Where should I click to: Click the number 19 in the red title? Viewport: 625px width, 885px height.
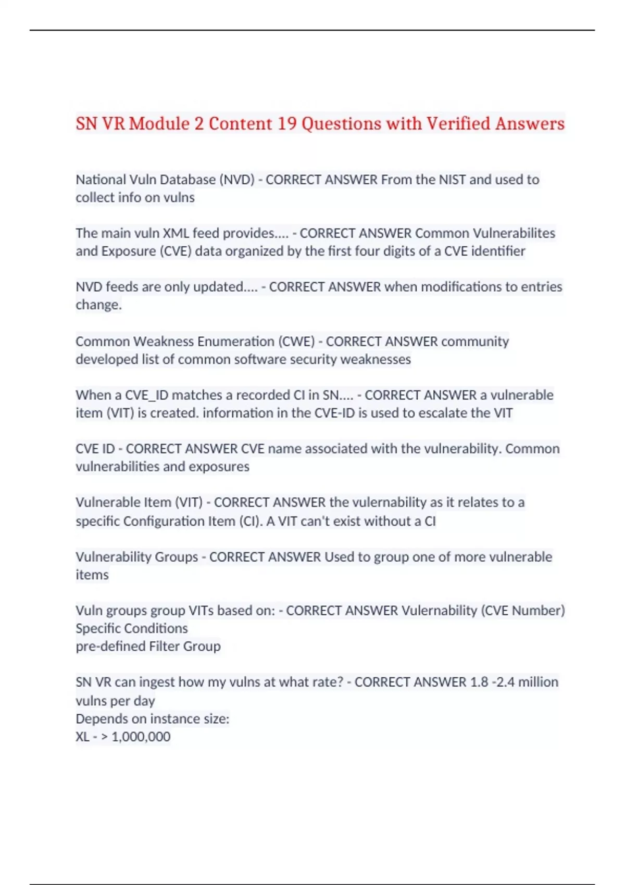click(x=286, y=124)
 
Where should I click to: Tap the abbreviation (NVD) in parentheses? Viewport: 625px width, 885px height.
click(x=237, y=180)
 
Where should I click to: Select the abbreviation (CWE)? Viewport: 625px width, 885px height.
click(x=297, y=342)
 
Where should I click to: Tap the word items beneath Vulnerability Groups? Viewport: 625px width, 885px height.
click(x=92, y=575)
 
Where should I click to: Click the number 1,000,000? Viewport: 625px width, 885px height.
click(x=141, y=737)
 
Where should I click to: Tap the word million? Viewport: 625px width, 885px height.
click(x=536, y=682)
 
